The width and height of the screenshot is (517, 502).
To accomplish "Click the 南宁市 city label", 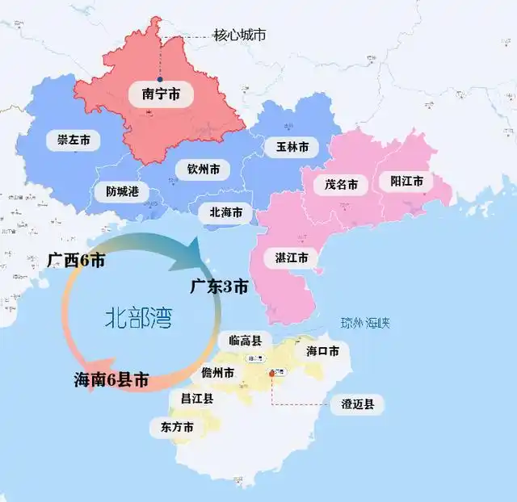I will pyautogui.click(x=161, y=94).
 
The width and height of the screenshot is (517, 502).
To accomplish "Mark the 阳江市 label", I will pyautogui.click(x=406, y=182).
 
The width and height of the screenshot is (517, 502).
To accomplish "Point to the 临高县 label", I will pyautogui.click(x=246, y=341).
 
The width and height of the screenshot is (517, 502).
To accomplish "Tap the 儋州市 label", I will pyautogui.click(x=218, y=374).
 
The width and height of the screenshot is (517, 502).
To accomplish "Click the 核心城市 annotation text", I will pyautogui.click(x=240, y=35).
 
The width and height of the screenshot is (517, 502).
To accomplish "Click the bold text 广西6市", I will pyautogui.click(x=76, y=260).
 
